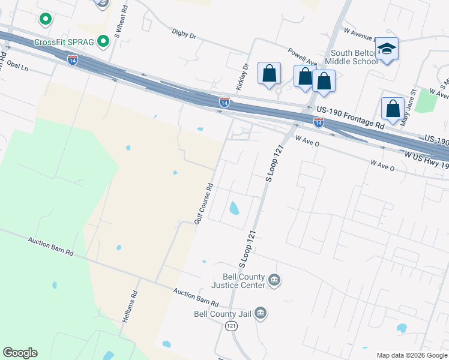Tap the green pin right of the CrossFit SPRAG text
(x=103, y=41)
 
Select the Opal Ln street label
(x=17, y=67)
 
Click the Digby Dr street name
(x=184, y=34)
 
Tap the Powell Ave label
(x=301, y=57)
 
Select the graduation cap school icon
(x=388, y=49)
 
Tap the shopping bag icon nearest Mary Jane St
(x=393, y=109)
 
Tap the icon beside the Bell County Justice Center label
(x=274, y=280)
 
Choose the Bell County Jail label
(x=223, y=313)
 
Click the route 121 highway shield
(x=231, y=325)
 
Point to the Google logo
(x=20, y=353)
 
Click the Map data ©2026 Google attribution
(x=412, y=355)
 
